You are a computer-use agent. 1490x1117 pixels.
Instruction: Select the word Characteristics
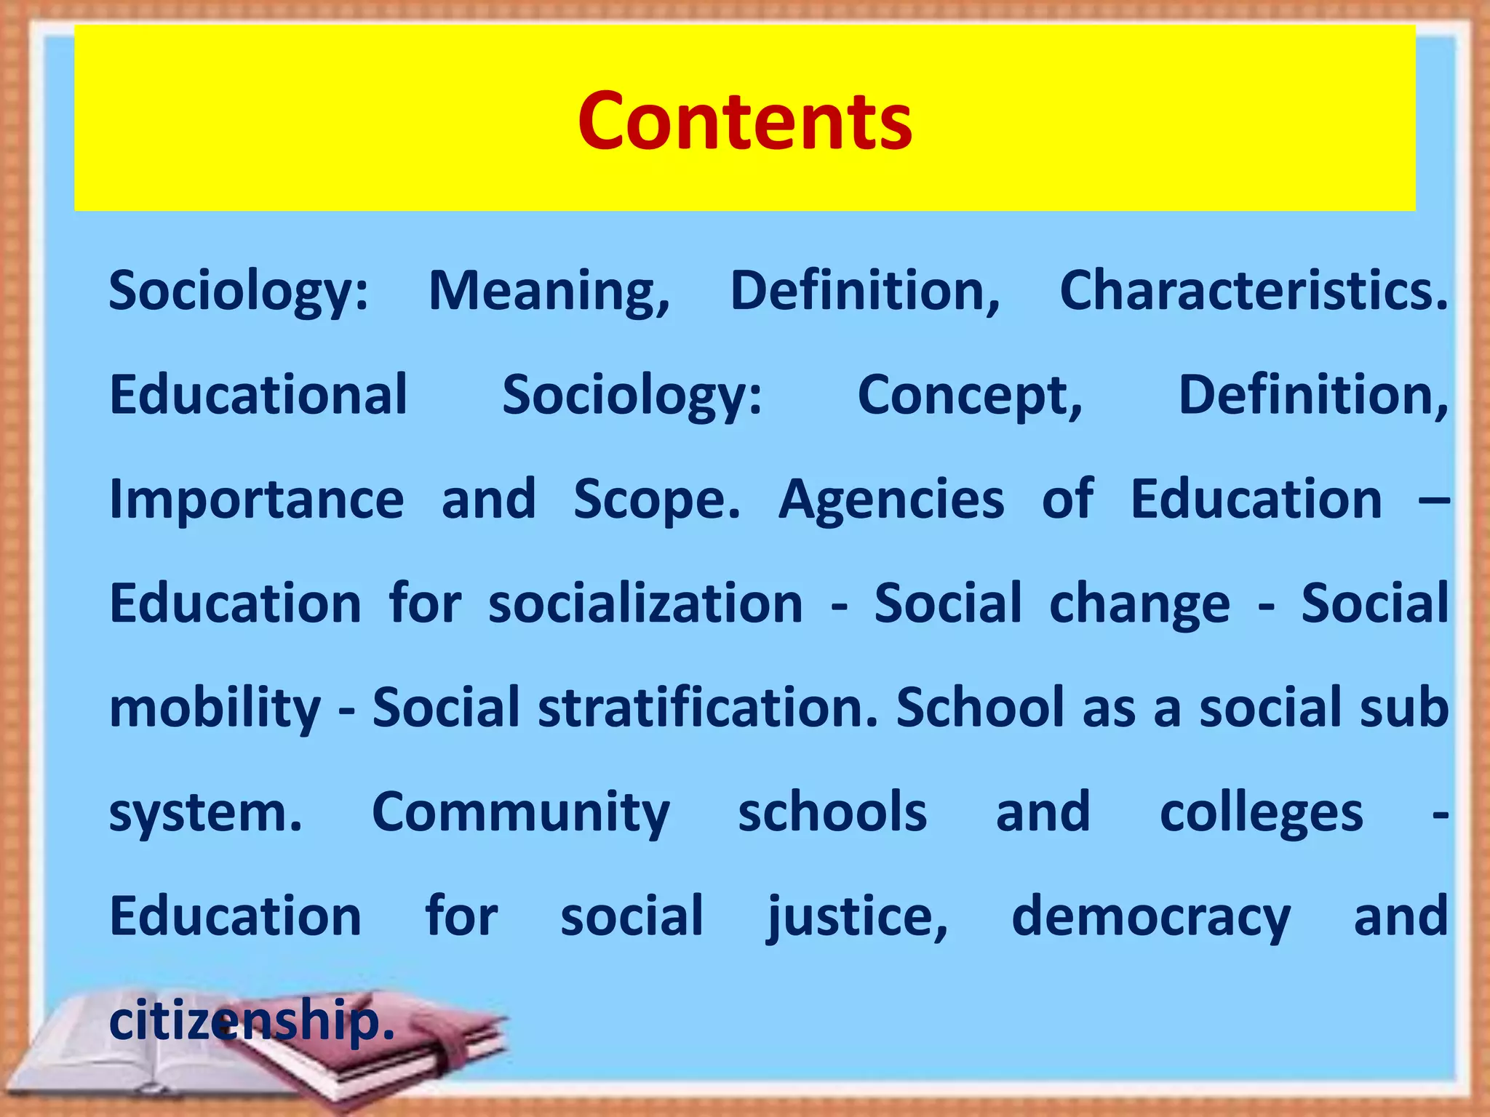(x=1253, y=291)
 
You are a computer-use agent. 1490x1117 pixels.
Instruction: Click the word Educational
(x=258, y=395)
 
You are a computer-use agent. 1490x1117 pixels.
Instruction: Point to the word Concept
(x=970, y=396)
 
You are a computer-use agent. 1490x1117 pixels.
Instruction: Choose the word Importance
(x=257, y=500)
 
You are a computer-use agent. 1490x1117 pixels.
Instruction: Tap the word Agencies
(x=891, y=501)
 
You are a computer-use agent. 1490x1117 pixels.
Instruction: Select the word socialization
(x=645, y=604)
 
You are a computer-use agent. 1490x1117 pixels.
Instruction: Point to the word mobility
(x=215, y=709)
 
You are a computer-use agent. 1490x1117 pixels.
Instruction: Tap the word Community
(x=521, y=813)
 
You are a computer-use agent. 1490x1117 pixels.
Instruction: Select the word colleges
(x=1261, y=813)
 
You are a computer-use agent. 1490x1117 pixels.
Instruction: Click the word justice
(x=858, y=918)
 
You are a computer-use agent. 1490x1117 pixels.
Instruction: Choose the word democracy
(x=1151, y=918)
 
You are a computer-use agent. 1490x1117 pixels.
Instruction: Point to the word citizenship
(x=251, y=1022)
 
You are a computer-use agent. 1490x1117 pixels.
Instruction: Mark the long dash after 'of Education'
(x=1434, y=500)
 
